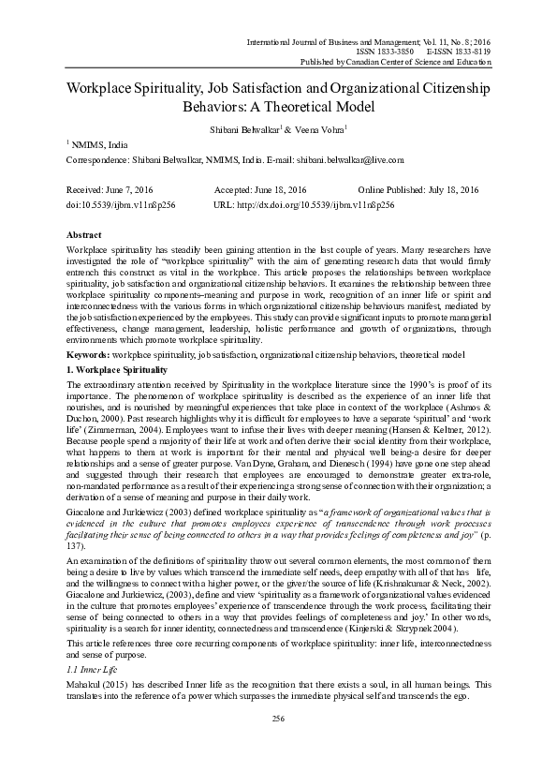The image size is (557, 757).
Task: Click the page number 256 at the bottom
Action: click(278, 718)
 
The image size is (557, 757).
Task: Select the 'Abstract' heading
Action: click(85, 235)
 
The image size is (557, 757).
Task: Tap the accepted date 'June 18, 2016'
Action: click(281, 188)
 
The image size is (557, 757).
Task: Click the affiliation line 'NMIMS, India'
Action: click(101, 144)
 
